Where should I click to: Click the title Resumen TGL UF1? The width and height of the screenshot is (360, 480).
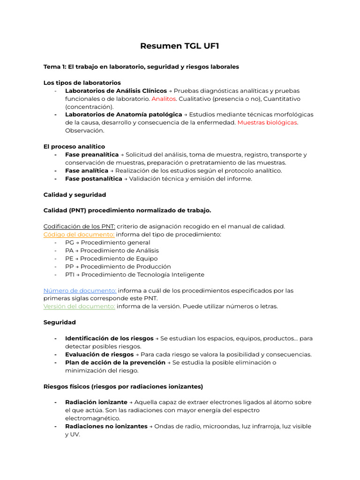(180, 46)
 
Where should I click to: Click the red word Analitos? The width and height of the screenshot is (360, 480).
(164, 99)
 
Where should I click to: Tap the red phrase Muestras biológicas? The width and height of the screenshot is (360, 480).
(267, 123)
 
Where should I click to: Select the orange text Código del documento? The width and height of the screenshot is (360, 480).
(79, 234)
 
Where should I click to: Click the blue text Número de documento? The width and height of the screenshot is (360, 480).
(80, 291)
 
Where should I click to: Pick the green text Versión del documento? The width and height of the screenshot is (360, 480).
(79, 307)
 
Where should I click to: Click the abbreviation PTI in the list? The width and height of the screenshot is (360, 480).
(69, 275)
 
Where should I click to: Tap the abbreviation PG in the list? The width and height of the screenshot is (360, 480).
(69, 243)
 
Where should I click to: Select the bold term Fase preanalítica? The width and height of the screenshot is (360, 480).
(92, 155)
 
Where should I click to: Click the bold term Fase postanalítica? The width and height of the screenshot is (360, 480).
(94, 179)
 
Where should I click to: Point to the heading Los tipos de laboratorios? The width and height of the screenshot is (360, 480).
(82, 83)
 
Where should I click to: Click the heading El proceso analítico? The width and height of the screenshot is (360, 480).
(74, 147)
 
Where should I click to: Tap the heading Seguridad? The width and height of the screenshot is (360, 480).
(60, 322)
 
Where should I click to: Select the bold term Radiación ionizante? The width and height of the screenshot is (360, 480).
(96, 402)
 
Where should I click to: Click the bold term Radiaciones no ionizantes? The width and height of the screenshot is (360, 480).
(106, 427)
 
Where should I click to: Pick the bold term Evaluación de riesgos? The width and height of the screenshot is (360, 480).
(99, 355)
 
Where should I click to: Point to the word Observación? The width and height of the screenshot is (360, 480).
(84, 131)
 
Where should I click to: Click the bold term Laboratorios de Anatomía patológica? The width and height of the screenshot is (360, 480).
(123, 115)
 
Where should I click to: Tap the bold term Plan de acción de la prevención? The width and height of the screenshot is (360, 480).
(115, 363)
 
